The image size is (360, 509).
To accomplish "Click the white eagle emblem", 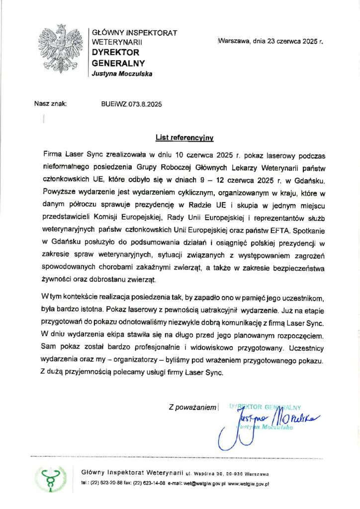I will tap(61, 48).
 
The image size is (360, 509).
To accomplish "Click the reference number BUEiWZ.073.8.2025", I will tap(131, 104).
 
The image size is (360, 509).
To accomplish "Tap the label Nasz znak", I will tap(50, 104).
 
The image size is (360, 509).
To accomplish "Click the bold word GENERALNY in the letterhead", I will tap(119, 63).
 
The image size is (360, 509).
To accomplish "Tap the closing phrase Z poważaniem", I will tap(192, 408).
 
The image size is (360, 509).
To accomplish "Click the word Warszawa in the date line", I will tap(234, 42).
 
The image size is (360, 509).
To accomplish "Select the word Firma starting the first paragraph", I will tap(53, 155).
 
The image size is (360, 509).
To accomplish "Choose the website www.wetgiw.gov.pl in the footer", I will tap(249, 483).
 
